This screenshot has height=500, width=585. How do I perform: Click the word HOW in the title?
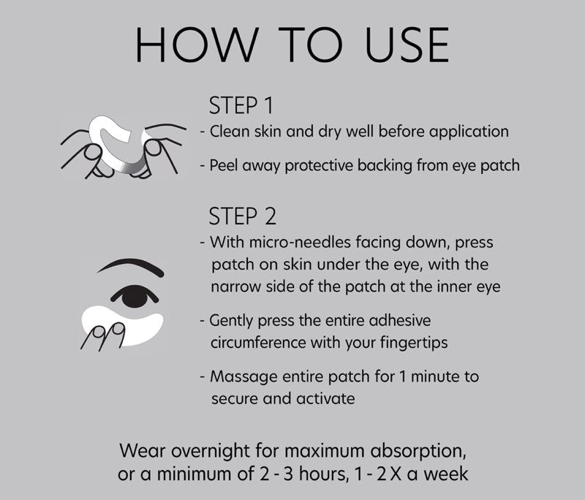pos(197,45)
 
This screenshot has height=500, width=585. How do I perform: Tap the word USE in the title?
pos(407,45)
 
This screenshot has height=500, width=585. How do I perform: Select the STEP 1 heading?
pos(241,105)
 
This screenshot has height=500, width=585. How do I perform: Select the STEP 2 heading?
pos(243,216)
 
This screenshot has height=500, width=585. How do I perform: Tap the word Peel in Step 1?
pos(224,165)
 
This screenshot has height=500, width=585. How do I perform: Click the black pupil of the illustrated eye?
pos(135,297)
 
